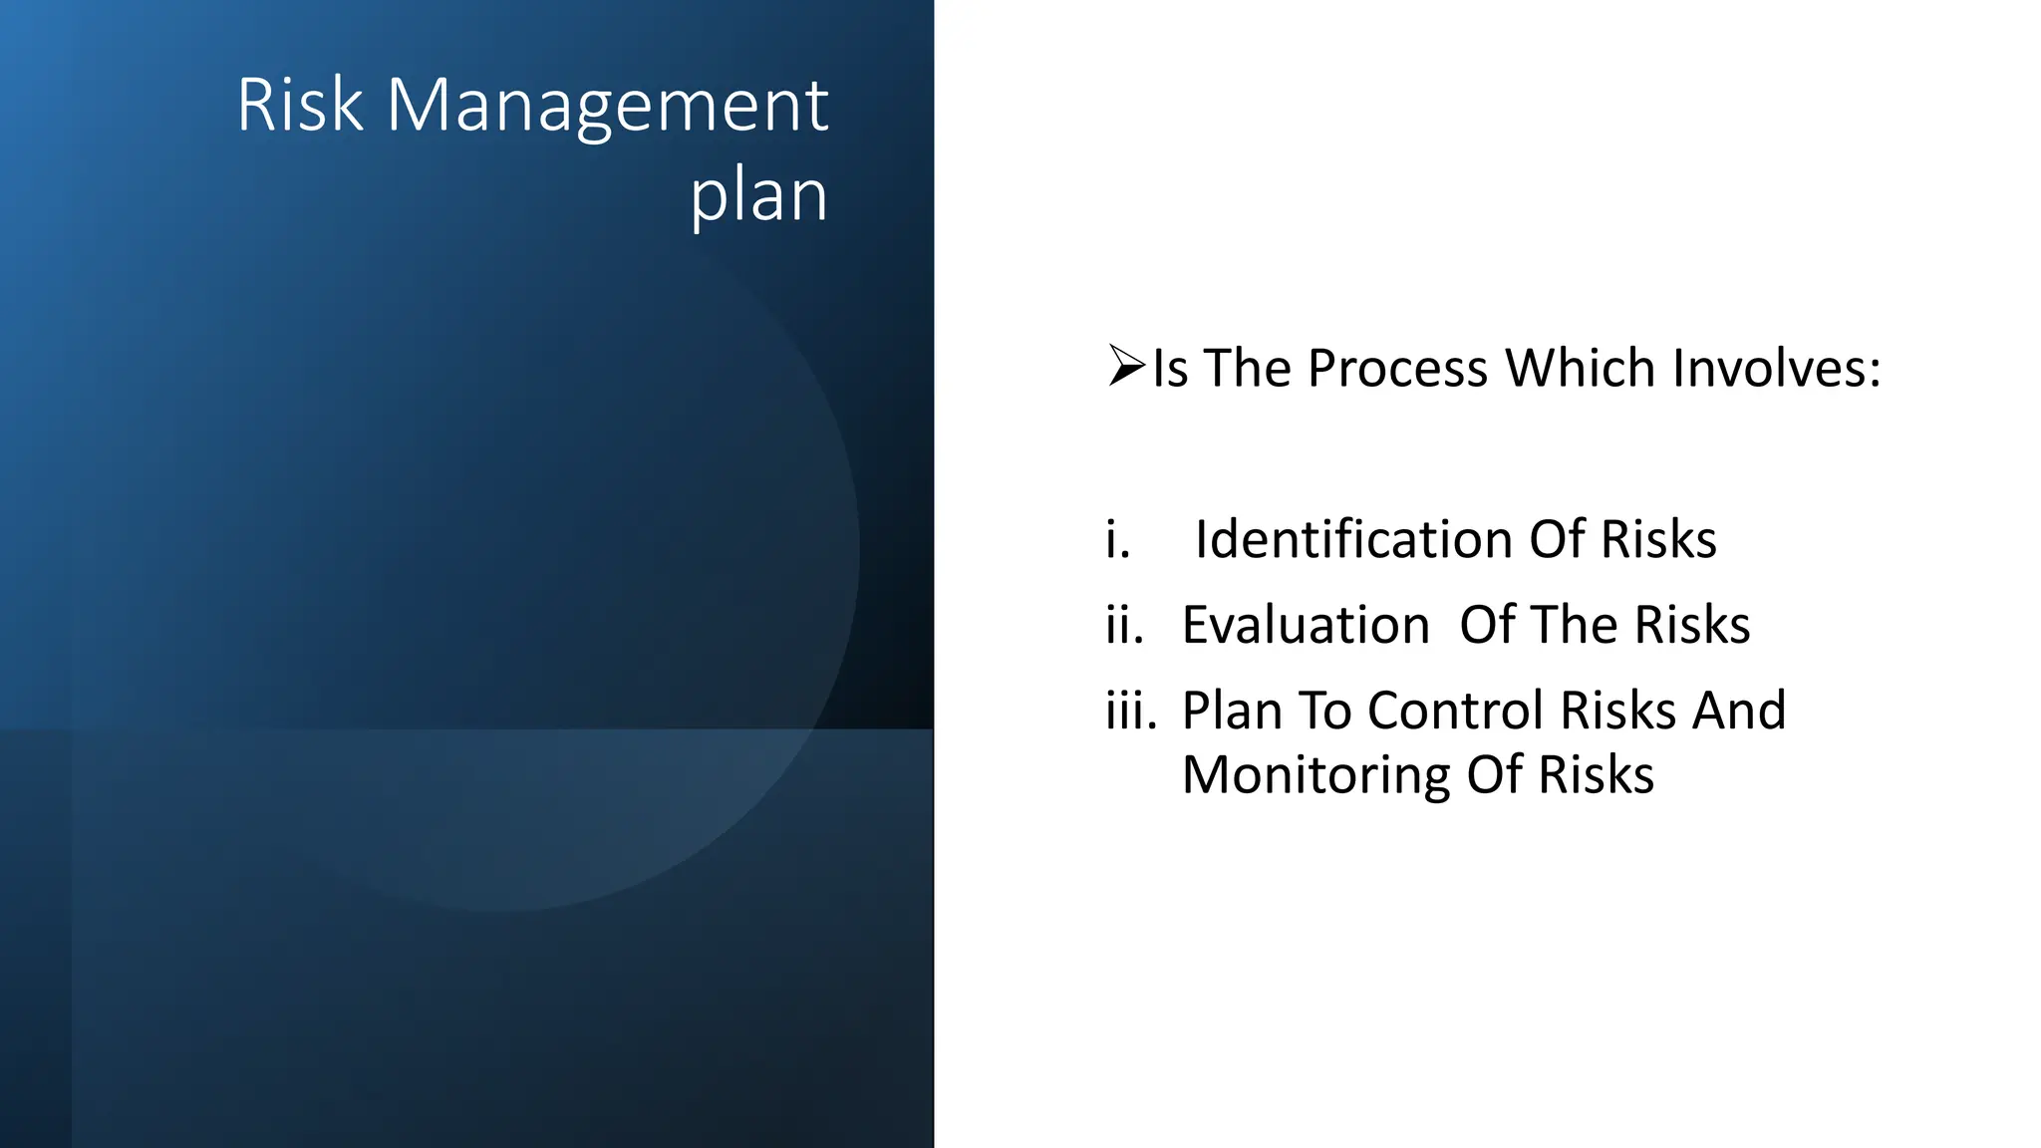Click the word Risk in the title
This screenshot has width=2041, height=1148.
tap(300, 105)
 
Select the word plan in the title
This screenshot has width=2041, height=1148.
tap(758, 196)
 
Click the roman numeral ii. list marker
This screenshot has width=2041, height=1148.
tap(1124, 625)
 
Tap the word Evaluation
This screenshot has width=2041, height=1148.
tap(1306, 625)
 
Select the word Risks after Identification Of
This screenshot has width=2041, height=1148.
tap(1658, 539)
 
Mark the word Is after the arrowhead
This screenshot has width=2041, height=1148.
tap(1170, 368)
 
